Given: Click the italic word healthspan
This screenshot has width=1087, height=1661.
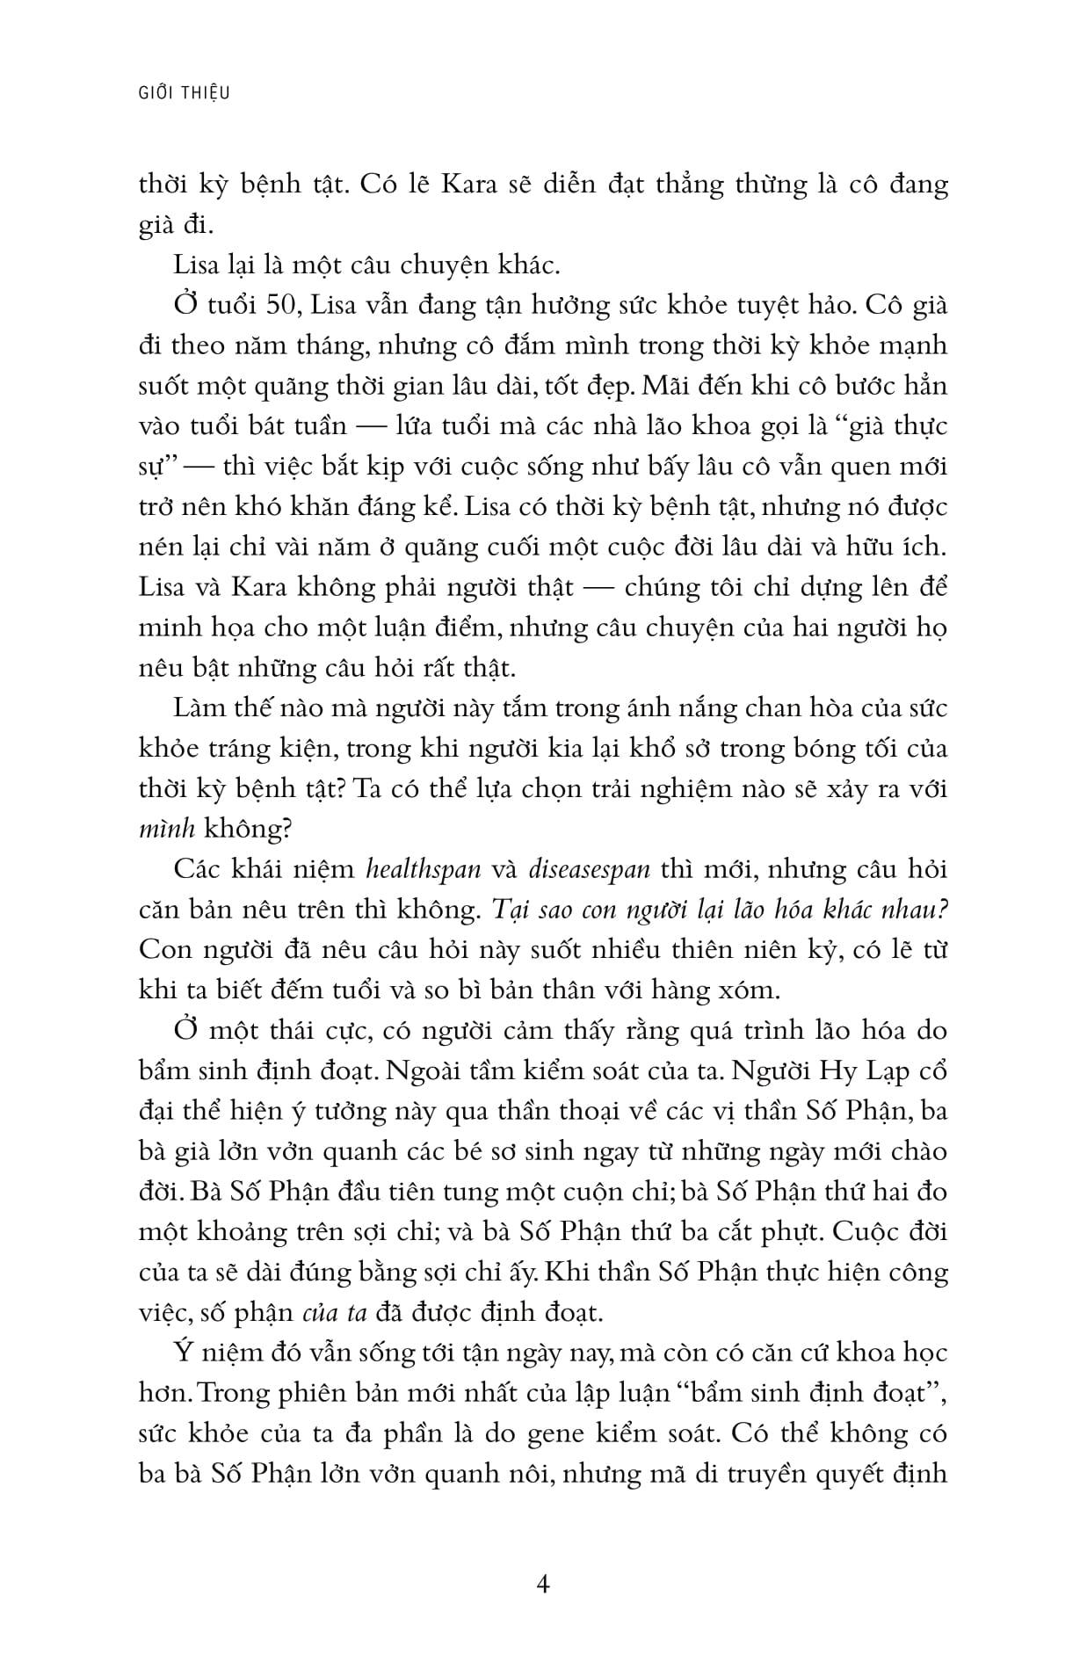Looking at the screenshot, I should (x=424, y=869).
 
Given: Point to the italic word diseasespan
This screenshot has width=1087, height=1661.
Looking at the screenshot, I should (x=590, y=869).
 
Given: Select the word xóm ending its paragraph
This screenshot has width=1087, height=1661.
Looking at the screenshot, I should (x=752, y=990).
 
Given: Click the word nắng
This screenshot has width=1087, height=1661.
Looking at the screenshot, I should (x=627, y=707).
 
